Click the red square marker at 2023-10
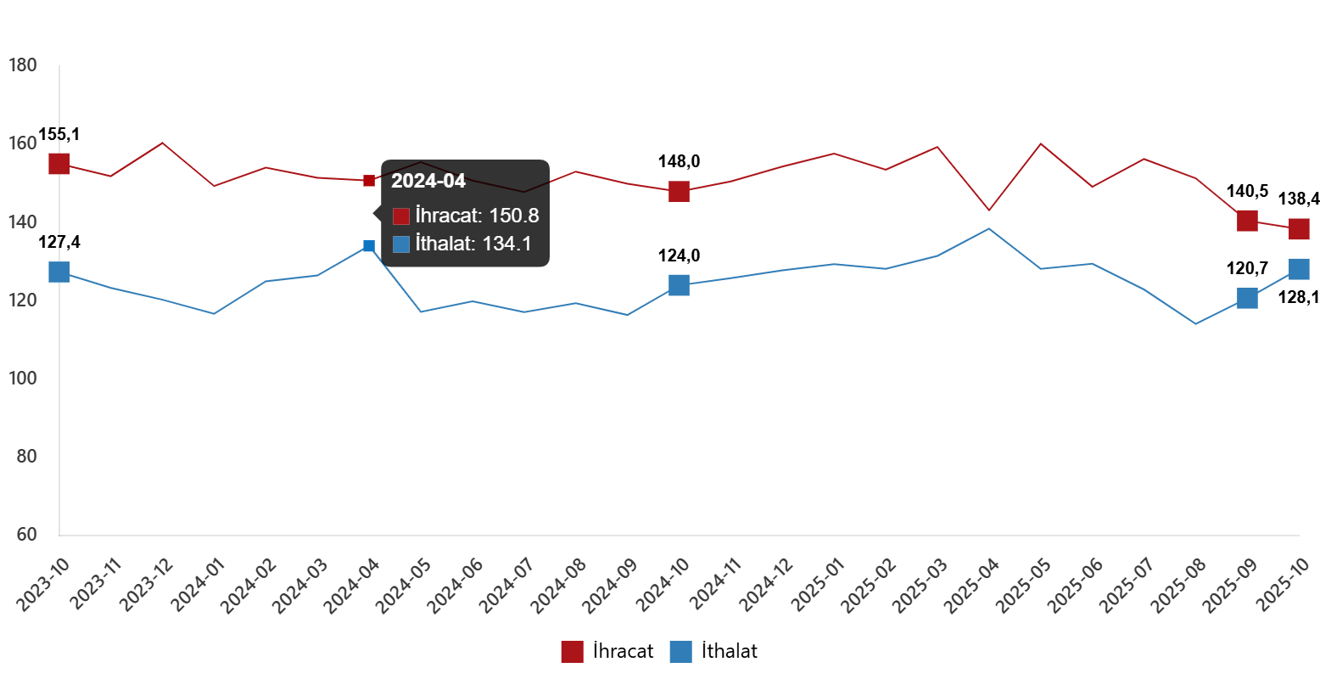click(59, 163)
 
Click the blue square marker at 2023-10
click(59, 272)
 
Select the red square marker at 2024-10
click(679, 191)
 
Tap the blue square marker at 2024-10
click(679, 285)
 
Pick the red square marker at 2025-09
click(1247, 221)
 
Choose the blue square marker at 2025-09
click(1247, 297)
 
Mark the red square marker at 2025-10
click(1299, 229)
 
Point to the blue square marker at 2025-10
click(1299, 268)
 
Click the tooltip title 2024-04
click(428, 181)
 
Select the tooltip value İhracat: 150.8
click(477, 216)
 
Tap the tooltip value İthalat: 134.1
click(473, 244)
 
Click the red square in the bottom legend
click(572, 652)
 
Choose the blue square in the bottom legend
click(680, 652)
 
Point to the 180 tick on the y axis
click(23, 65)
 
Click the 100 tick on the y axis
click(23, 379)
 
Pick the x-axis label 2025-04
click(972, 585)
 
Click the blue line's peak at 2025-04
click(989, 228)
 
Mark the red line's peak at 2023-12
click(162, 143)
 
